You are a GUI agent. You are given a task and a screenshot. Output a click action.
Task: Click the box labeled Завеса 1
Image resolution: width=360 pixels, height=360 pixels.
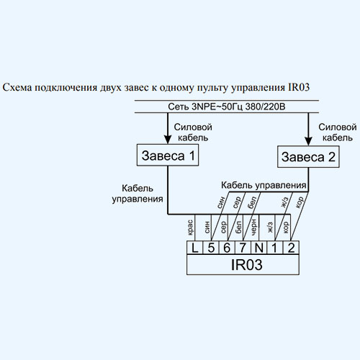coord(168,155)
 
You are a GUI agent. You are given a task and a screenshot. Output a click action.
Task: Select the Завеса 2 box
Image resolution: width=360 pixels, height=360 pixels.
coord(308,156)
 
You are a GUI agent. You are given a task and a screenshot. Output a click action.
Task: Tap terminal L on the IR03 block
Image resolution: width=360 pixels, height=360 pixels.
coord(194,248)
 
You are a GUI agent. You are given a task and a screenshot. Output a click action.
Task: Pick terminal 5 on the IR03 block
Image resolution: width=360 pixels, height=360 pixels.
coord(211,248)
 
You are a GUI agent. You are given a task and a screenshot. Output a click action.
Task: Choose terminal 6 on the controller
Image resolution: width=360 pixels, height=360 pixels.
coord(227,248)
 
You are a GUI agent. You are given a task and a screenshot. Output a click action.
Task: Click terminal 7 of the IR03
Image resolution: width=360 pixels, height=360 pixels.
coord(243,248)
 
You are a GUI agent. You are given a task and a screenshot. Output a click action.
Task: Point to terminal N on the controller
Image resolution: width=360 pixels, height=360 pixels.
coord(259,248)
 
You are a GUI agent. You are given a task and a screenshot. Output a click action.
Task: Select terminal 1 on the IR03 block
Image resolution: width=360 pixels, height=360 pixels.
coord(275,248)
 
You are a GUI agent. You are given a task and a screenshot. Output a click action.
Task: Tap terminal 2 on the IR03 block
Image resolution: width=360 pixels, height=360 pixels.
coord(291,248)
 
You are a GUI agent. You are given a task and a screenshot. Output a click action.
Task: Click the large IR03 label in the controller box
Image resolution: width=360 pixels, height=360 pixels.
coord(246,264)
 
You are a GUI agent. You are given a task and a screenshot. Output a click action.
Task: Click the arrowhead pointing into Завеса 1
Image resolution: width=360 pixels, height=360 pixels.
coord(168,140)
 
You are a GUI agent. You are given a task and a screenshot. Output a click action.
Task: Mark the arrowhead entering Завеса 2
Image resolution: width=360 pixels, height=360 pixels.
coord(308,141)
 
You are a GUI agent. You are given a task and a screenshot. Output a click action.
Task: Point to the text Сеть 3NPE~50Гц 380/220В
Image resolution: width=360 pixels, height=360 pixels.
coord(227,107)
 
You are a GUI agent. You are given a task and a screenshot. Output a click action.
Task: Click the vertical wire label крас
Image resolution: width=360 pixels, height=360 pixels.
coord(190,228)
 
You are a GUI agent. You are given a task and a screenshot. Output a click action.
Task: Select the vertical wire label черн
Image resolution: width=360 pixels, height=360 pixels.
coord(253,227)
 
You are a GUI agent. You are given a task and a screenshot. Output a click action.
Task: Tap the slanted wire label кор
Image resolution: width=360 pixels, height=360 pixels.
coord(300,202)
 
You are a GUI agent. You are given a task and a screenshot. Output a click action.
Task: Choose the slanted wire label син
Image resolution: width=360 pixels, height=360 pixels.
coord(221,202)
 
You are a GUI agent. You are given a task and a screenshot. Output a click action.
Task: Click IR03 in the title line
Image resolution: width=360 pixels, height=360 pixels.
coord(299,87)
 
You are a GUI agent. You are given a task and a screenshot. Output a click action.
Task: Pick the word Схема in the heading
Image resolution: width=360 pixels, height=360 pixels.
coord(17,87)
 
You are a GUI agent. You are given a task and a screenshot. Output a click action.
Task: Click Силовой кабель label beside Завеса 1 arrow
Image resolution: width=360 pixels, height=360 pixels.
coord(193,132)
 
